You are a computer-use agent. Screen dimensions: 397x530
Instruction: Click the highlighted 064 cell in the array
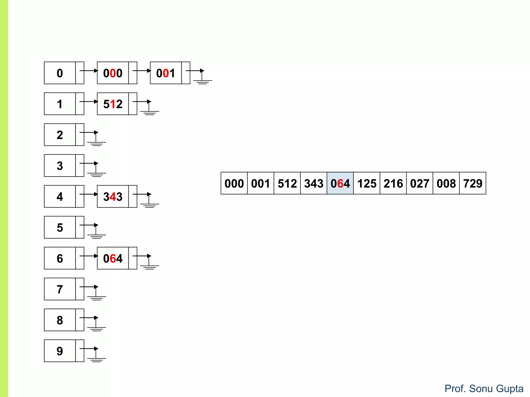340,183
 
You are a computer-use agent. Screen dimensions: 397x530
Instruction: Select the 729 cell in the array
473,183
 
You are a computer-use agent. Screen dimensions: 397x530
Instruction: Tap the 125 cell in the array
366,183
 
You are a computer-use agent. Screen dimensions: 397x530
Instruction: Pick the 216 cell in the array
393,183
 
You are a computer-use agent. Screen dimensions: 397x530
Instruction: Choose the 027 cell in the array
419,183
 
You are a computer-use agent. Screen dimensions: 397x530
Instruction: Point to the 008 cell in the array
446,183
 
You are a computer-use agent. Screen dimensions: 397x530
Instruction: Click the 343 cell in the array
313,183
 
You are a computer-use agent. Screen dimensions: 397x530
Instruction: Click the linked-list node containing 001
166,73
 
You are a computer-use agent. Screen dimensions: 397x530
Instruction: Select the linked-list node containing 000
113,73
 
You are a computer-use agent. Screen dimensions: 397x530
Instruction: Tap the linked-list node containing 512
113,104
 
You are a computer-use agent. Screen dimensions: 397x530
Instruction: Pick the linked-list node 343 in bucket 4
113,196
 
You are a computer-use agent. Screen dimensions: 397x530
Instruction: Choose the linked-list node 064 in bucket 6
113,258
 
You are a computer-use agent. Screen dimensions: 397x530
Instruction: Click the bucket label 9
60,351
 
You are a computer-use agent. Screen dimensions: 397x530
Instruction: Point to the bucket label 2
60,135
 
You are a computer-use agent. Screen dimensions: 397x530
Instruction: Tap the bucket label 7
60,289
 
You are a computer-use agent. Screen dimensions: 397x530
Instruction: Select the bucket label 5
60,227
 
